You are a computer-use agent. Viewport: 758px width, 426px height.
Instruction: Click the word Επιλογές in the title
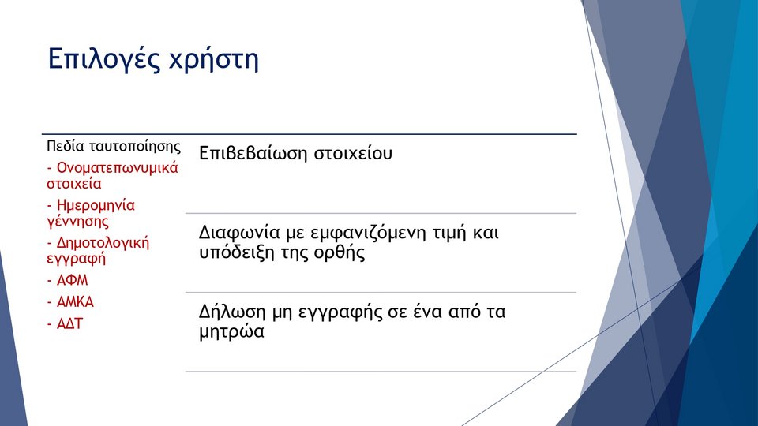[103, 60]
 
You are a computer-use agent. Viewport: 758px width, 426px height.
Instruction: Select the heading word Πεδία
[66, 146]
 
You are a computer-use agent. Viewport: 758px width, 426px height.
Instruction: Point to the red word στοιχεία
[74, 184]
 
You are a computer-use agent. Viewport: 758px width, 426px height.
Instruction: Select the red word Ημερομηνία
[96, 206]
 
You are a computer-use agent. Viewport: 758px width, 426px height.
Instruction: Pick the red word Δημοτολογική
[103, 243]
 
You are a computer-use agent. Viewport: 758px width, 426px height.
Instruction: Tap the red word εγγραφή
[76, 260]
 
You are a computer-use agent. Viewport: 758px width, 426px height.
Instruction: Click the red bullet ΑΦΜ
[72, 280]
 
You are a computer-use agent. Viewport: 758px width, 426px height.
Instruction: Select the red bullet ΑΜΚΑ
[75, 302]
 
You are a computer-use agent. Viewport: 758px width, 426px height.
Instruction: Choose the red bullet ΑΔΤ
[69, 323]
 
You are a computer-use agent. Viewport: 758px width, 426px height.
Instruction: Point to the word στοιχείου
[353, 154]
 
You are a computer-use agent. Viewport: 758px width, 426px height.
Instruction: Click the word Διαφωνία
[239, 233]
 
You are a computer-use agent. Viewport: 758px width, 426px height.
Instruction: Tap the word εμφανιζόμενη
[371, 234]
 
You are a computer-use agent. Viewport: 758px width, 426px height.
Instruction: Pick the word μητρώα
[231, 332]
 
